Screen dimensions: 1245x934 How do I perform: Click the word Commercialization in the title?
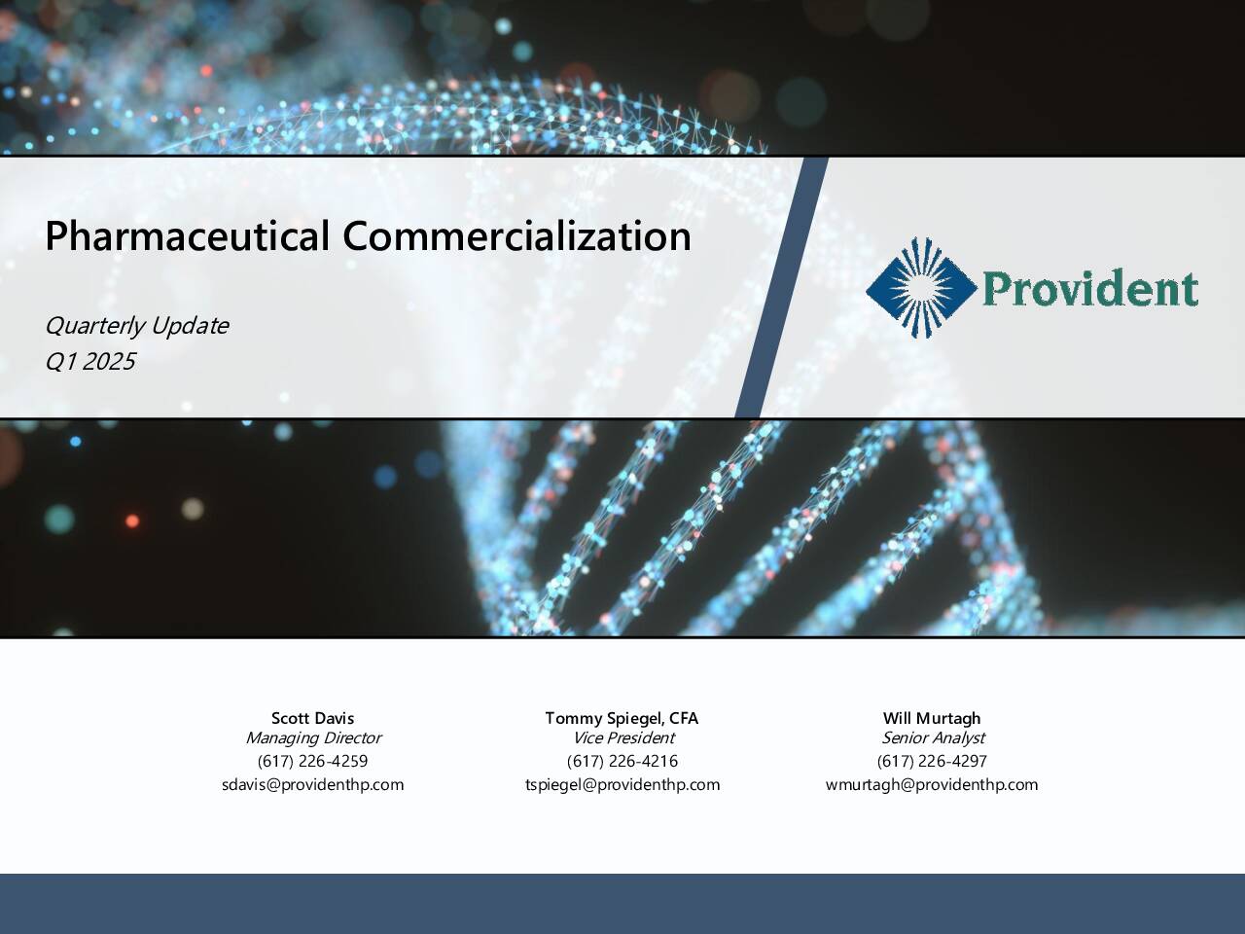[516, 235]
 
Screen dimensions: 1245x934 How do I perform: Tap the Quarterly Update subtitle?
[137, 327]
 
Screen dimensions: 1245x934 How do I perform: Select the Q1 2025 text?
[90, 361]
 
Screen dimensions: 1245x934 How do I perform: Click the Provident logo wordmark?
[1089, 288]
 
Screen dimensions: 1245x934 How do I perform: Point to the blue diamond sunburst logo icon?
[921, 288]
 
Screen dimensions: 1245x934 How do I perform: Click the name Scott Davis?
[312, 718]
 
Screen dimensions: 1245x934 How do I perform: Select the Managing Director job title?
[313, 737]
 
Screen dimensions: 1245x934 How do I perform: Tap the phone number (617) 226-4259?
[312, 761]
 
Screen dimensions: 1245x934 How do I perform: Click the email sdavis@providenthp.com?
[312, 785]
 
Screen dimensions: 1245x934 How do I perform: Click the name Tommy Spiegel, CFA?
[622, 719]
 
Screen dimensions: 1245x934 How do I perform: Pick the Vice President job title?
[623, 737]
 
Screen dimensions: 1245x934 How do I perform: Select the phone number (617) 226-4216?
[622, 761]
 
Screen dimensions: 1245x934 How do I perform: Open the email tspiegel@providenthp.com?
[622, 785]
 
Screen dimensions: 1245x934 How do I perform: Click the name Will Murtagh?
[932, 719]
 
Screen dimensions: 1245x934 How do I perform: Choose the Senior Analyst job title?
[933, 737]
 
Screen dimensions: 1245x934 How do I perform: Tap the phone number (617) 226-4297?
[932, 761]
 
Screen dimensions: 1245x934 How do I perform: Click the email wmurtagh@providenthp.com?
[932, 785]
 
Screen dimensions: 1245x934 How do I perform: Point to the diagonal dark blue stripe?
[782, 288]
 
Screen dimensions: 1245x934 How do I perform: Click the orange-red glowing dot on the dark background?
[132, 521]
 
